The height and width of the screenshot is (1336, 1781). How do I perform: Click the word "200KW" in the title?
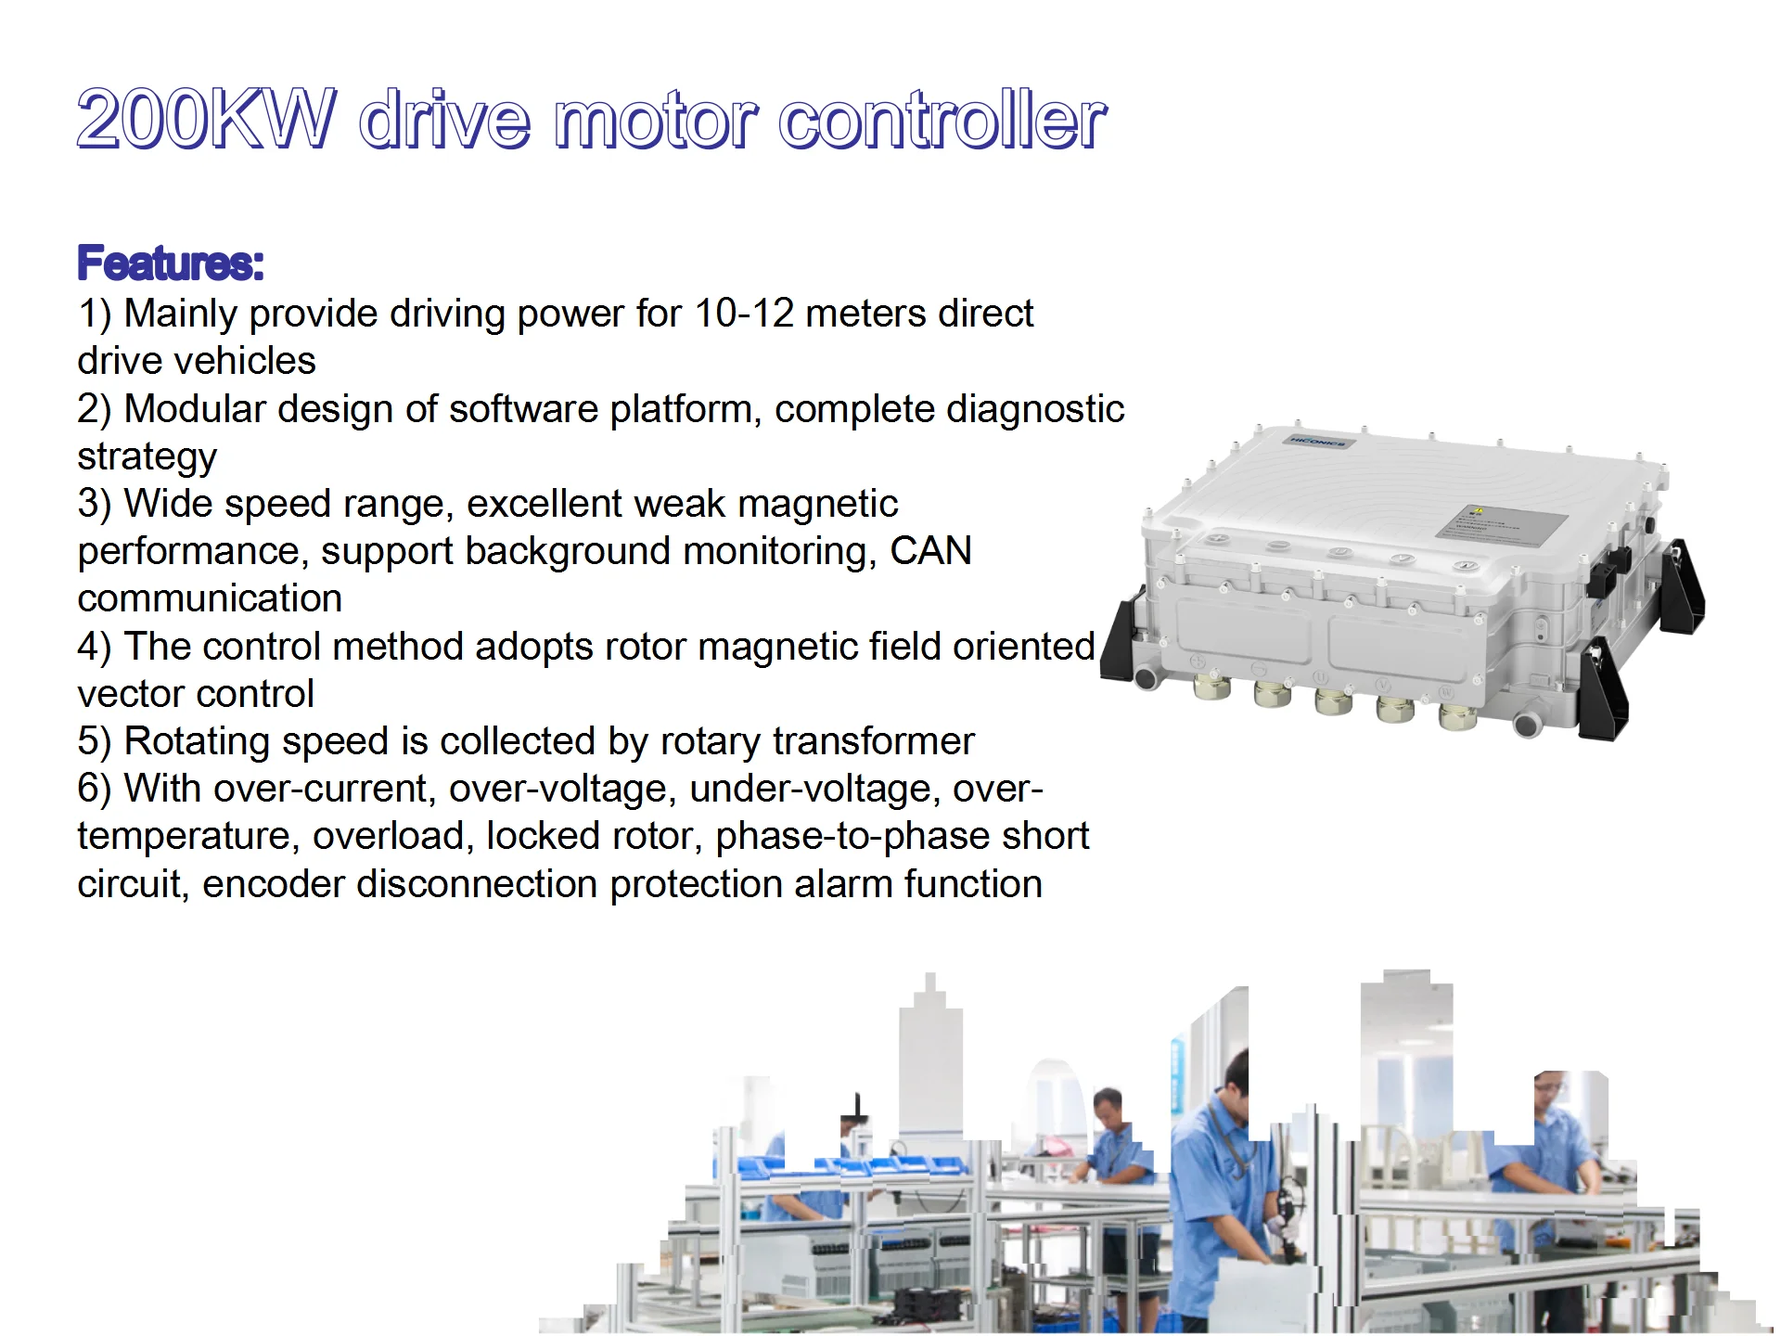tap(206, 121)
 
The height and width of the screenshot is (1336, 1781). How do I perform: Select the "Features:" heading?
tap(171, 263)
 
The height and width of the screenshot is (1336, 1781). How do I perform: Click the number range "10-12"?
tap(744, 314)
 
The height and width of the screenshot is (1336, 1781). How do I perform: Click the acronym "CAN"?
tap(930, 551)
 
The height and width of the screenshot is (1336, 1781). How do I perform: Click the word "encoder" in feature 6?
tap(273, 884)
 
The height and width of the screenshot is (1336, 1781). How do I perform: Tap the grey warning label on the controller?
tap(1501, 523)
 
